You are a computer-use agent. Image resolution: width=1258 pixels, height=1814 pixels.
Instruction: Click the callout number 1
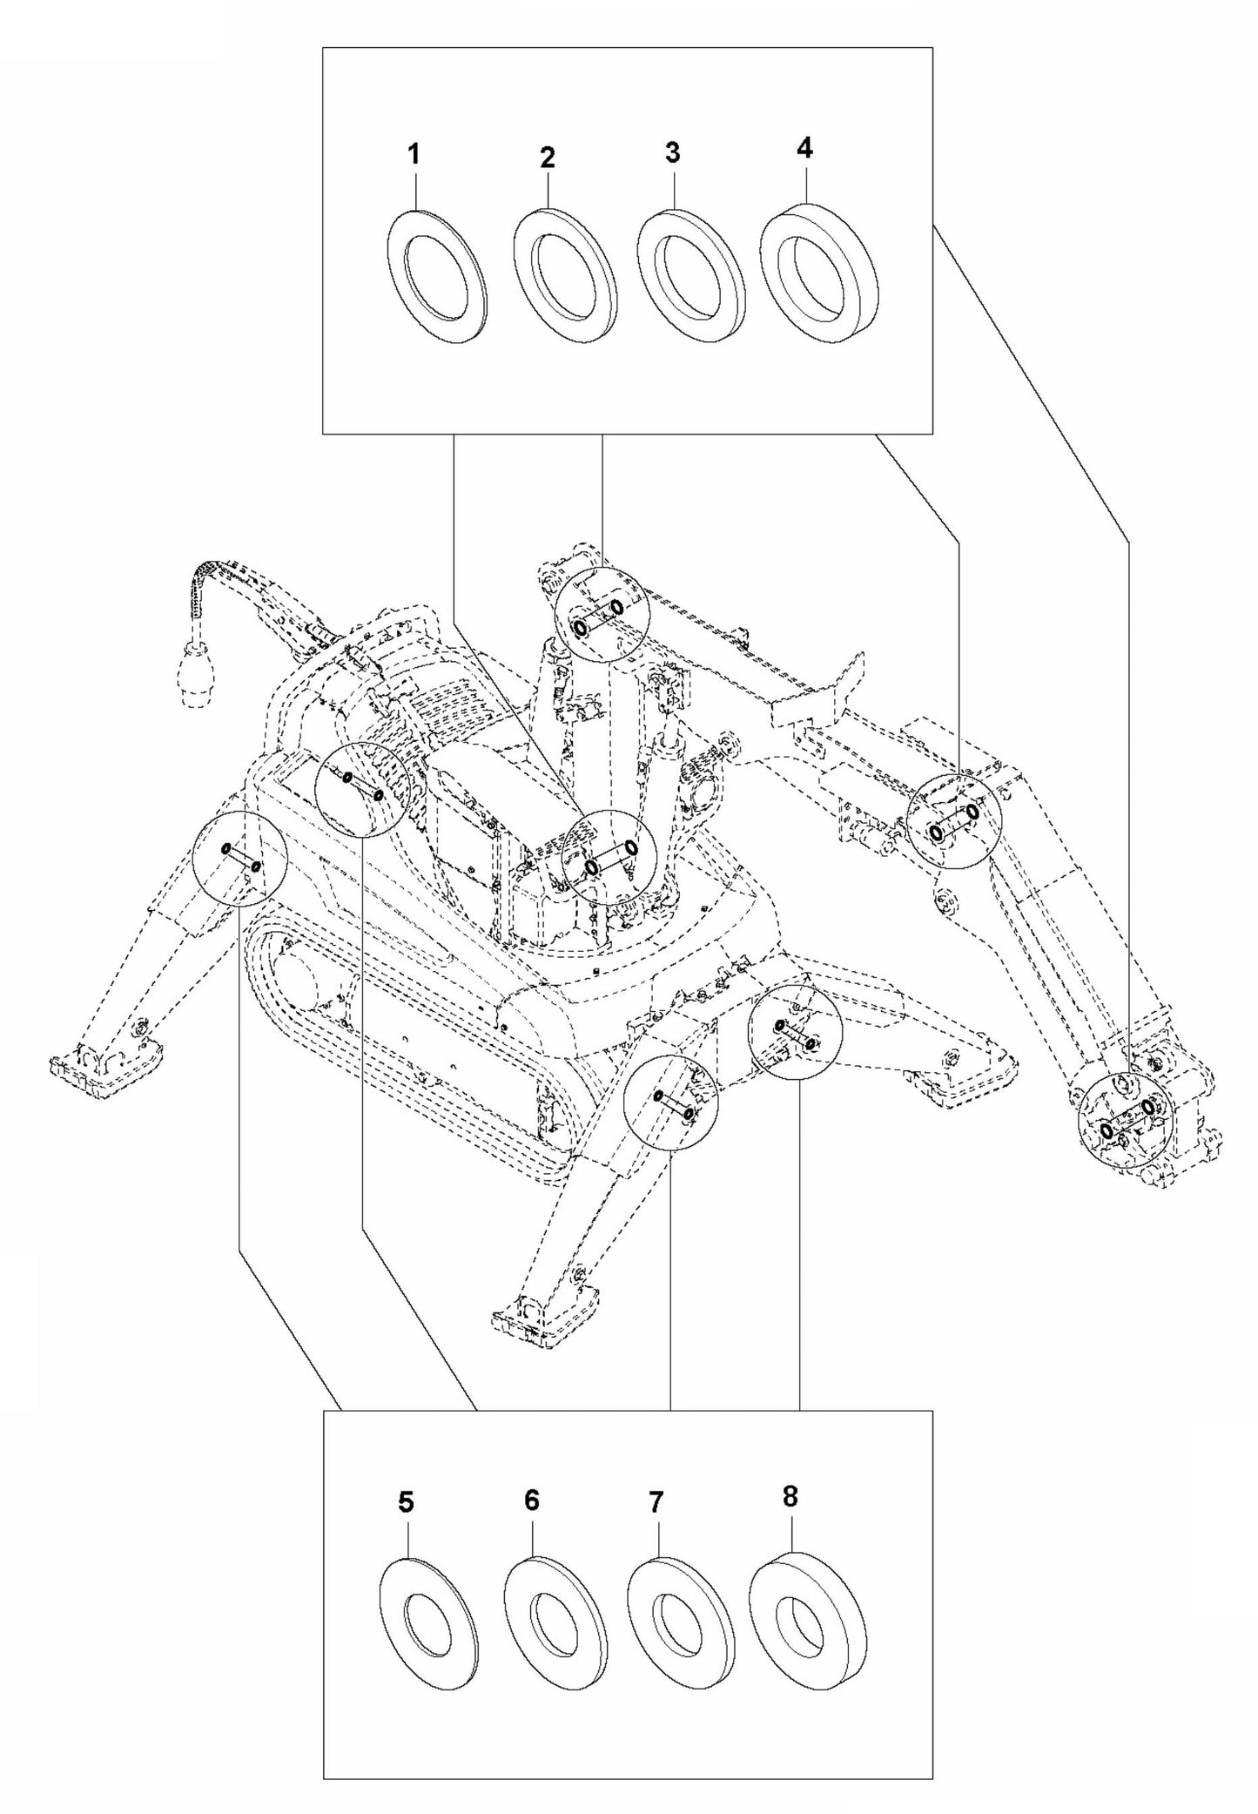(x=414, y=156)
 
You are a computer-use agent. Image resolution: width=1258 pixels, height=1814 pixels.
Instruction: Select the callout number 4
(x=804, y=149)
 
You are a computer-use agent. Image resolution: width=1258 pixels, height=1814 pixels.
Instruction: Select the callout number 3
(x=672, y=152)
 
